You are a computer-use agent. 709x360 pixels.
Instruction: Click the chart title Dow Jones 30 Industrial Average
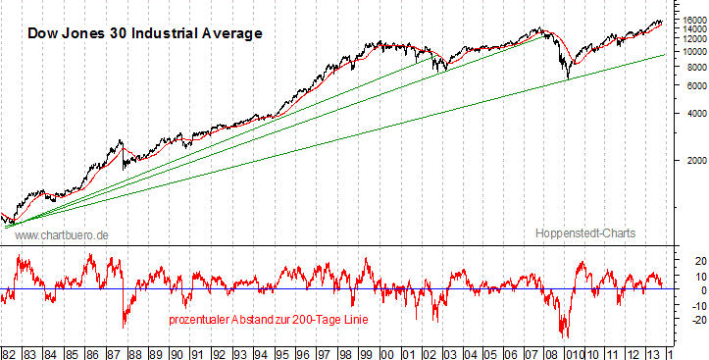point(144,33)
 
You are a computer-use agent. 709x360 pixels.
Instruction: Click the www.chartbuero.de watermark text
point(62,235)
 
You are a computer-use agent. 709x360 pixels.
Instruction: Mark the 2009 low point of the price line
point(567,78)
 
